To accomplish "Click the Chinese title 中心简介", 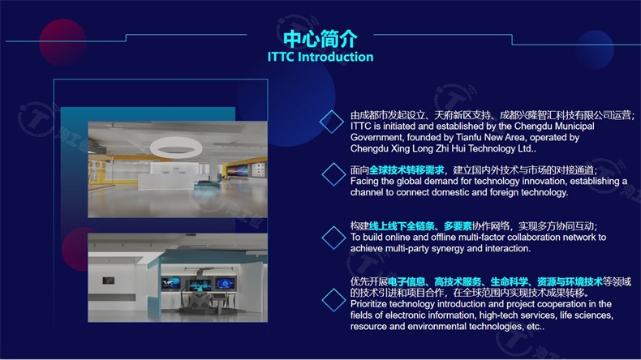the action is [x=320, y=39].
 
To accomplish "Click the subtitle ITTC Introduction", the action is [x=320, y=57].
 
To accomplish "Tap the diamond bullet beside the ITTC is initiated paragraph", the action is [x=332, y=122].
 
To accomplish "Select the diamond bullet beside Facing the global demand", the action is [x=334, y=174].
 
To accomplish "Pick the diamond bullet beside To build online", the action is [x=334, y=238].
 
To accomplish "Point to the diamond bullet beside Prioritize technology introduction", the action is [x=334, y=300].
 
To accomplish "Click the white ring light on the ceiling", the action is [x=176, y=147].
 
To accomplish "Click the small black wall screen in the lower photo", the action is [x=109, y=281].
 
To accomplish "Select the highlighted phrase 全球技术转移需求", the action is [x=407, y=170].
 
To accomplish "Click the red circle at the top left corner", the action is [x=63, y=42].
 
